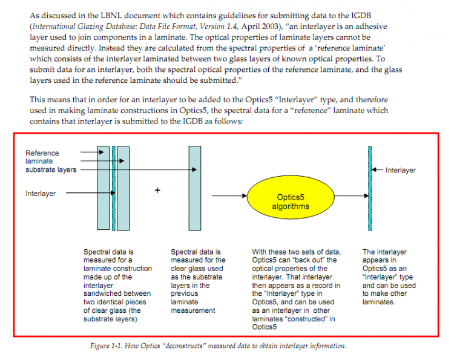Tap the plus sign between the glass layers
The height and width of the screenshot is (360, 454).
click(157, 189)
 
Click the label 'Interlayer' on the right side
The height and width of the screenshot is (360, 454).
click(401, 171)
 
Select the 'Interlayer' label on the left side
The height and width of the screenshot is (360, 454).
click(41, 194)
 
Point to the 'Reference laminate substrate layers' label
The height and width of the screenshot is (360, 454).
click(51, 162)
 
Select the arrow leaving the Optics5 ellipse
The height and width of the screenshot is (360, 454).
click(352, 195)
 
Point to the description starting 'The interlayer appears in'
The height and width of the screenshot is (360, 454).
click(385, 276)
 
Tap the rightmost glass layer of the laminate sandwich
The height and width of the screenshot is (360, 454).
click(123, 188)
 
